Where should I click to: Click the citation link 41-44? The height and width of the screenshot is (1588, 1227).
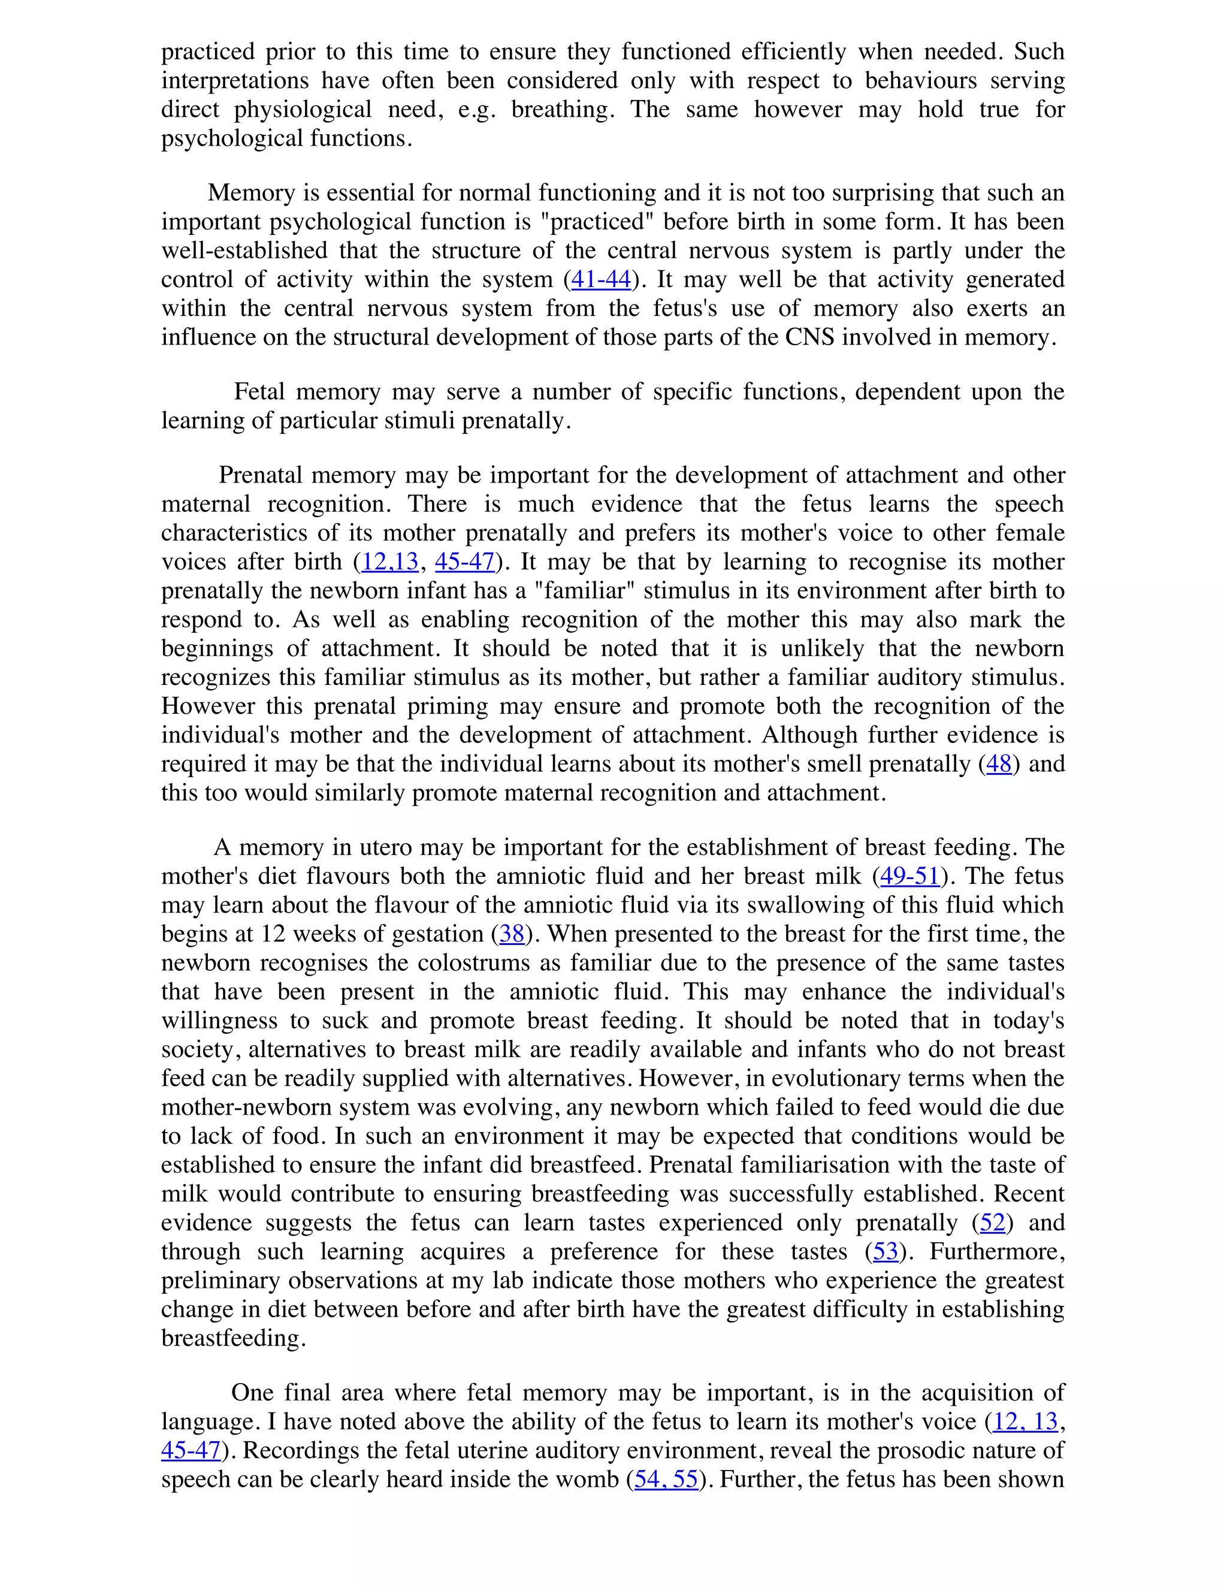600,279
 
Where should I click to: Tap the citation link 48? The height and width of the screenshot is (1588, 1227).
999,763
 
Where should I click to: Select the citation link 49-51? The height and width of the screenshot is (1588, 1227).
910,876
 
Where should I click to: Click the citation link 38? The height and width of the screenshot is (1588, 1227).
512,934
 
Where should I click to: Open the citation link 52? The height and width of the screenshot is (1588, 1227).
992,1222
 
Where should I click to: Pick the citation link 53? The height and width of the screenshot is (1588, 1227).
886,1251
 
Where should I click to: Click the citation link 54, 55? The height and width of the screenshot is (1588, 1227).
666,1479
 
